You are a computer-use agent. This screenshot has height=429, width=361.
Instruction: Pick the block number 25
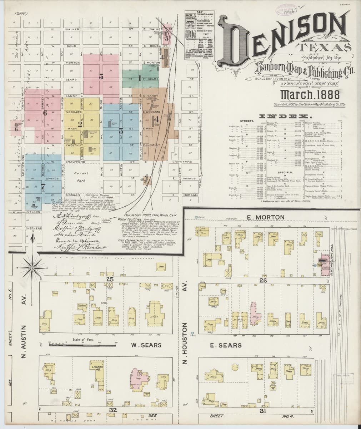click(x=110, y=279)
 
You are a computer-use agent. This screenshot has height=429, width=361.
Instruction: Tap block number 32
click(x=112, y=410)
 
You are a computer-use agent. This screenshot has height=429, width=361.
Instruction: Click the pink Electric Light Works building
click(x=325, y=266)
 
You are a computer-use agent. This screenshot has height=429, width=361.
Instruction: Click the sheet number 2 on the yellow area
click(x=80, y=124)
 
